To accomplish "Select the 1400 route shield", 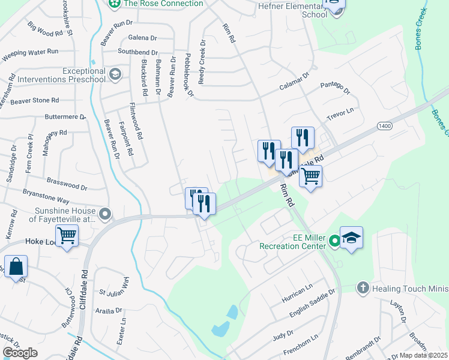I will tap(385, 126).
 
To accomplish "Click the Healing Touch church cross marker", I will tap(362, 288).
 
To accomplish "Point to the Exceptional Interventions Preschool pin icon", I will tap(115, 74).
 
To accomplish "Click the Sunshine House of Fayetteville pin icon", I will tap(106, 214).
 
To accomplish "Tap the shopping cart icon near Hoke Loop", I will tap(67, 236).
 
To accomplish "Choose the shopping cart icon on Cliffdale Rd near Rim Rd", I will tap(310, 176).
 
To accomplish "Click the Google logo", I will tap(20, 353).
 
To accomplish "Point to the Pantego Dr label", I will tap(335, 88).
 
